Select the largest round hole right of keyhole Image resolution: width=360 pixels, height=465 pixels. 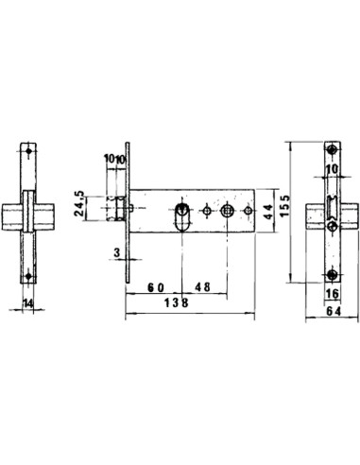(226, 209)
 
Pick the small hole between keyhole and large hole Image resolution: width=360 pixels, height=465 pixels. (206, 209)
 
